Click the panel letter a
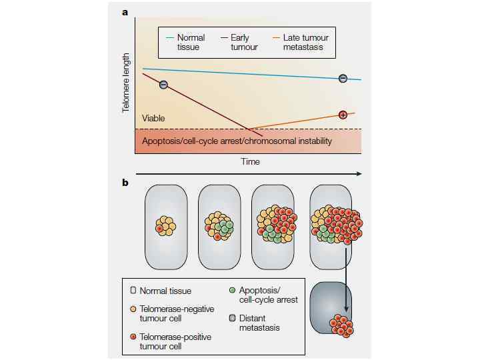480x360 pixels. point(125,11)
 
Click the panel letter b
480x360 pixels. point(125,181)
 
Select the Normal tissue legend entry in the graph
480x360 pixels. point(191,42)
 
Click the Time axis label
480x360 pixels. point(251,161)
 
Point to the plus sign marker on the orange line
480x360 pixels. point(343,115)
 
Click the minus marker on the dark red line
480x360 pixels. point(163,84)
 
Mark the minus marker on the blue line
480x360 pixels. point(343,78)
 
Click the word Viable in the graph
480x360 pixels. point(153,119)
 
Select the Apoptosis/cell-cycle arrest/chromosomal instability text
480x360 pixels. point(237,141)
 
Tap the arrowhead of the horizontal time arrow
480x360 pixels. point(359,174)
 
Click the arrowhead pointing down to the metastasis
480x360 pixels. point(346,313)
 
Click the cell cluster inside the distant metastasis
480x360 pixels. point(341,325)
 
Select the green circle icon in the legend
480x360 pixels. point(231,291)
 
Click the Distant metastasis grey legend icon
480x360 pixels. point(231,318)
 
